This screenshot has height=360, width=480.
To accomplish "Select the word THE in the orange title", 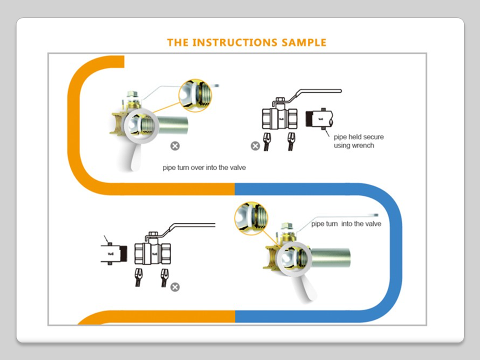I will click(x=178, y=42).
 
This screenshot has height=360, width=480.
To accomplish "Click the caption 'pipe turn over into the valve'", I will click(x=204, y=167).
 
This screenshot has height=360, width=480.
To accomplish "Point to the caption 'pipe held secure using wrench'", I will click(x=358, y=141).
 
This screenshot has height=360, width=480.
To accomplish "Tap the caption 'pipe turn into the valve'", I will click(x=346, y=224).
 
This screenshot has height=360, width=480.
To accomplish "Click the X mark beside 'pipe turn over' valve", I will click(x=174, y=146).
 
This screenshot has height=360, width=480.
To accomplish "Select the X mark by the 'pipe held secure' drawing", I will click(x=255, y=146).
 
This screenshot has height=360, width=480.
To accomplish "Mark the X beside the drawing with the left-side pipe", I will click(x=174, y=287).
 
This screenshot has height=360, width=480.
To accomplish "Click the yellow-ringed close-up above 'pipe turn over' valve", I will click(x=195, y=95).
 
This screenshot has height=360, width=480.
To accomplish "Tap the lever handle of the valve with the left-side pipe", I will click(x=190, y=226).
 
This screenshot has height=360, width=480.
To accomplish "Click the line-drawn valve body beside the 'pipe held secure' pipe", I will click(x=280, y=119).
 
